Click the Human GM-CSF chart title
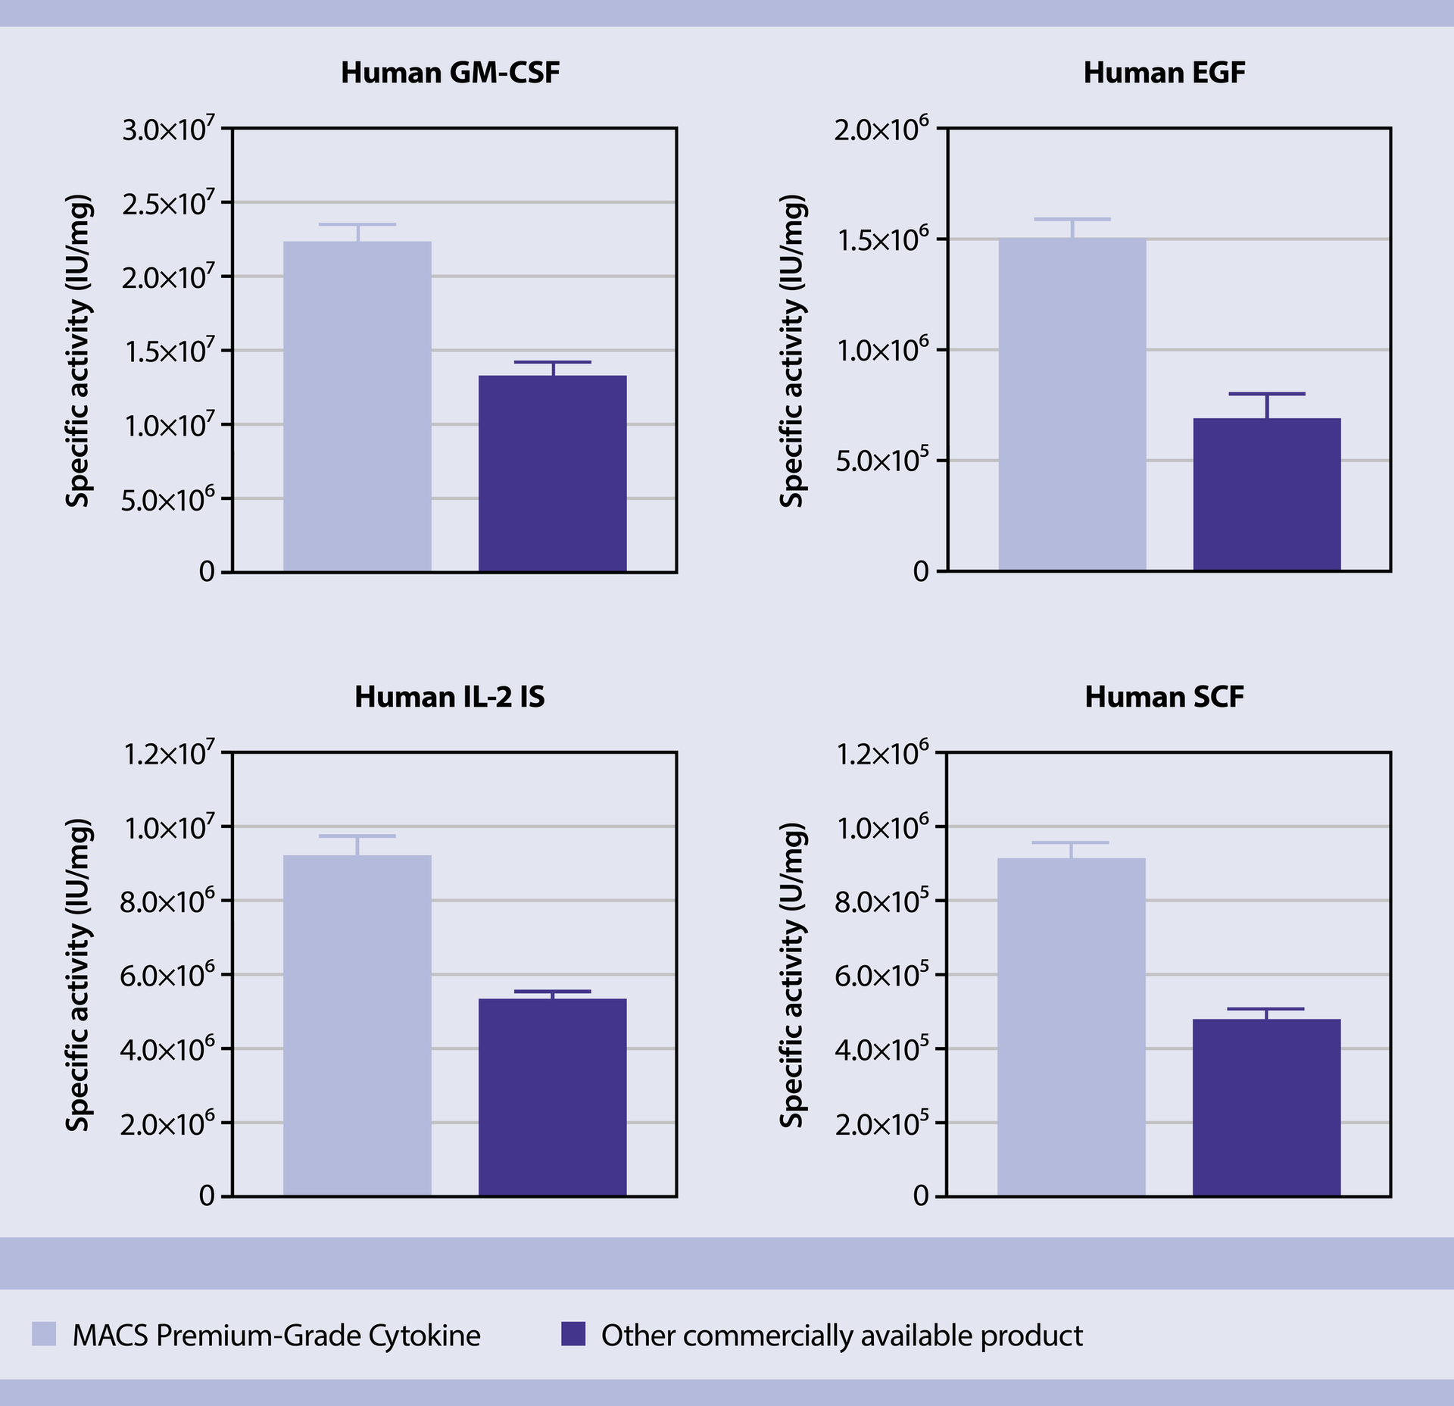click(450, 73)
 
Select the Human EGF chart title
click(1164, 73)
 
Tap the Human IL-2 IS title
click(449, 697)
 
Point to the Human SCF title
click(1164, 697)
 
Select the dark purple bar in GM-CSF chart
click(552, 473)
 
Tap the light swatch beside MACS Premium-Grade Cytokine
click(44, 1334)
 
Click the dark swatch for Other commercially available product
click(573, 1334)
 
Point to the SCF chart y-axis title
click(791, 975)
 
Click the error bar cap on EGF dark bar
click(1267, 394)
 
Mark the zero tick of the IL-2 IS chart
click(207, 1196)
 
